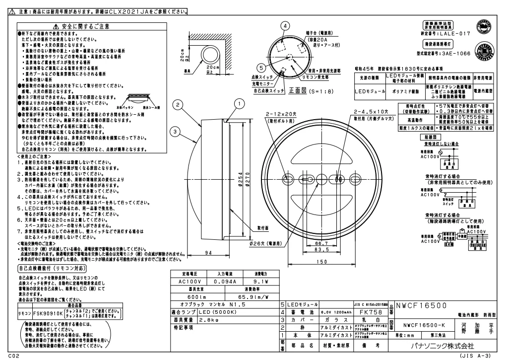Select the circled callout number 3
click(x=175, y=131)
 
